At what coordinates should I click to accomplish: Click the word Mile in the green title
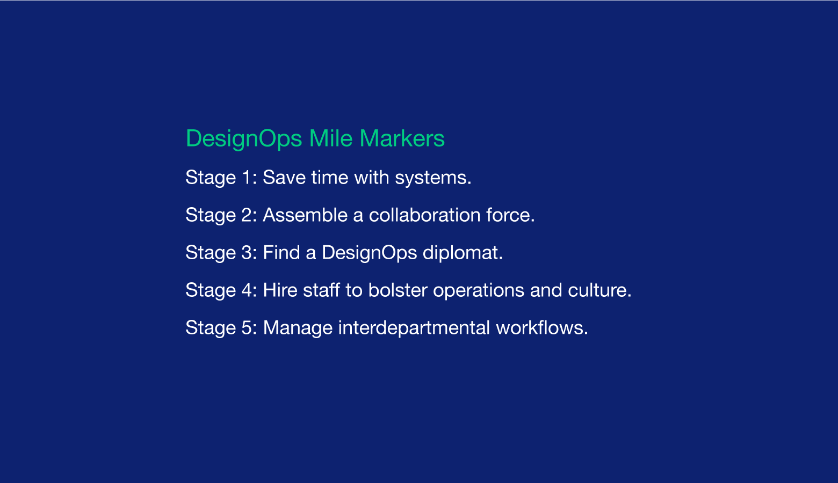point(331,138)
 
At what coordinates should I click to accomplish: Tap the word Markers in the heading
point(402,138)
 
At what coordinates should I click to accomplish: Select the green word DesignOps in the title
point(244,139)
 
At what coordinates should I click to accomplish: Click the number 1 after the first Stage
point(247,177)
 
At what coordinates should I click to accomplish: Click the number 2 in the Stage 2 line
point(247,215)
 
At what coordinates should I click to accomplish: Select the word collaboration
point(424,215)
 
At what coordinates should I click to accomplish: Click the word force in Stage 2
point(508,215)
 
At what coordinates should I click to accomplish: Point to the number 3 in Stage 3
point(247,253)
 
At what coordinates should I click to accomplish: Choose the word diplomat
point(460,253)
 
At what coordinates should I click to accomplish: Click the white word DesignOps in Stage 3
point(369,253)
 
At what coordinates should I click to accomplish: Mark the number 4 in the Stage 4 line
point(247,290)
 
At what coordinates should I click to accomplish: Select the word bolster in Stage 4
point(398,290)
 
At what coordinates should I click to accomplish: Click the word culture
point(597,290)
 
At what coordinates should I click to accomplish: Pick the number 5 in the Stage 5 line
point(247,328)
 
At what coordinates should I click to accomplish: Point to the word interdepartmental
point(414,328)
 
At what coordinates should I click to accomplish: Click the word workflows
point(539,328)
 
